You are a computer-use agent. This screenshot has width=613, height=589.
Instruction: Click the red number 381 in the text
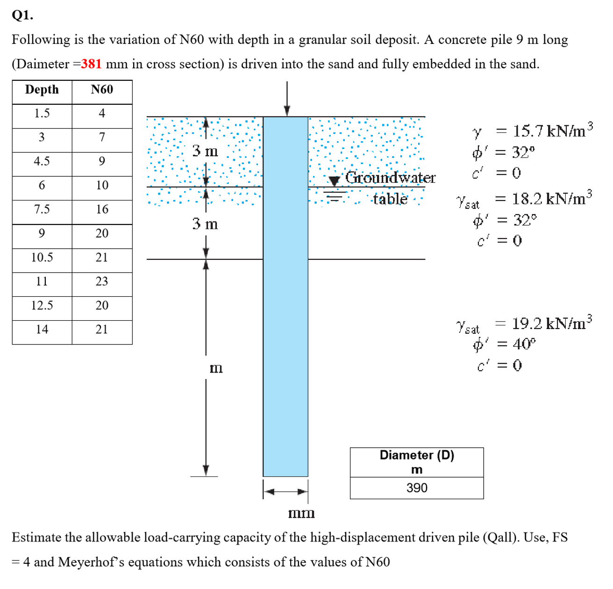(92, 64)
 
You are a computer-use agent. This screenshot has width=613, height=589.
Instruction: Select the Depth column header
(42, 90)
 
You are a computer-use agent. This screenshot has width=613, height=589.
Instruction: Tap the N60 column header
(102, 90)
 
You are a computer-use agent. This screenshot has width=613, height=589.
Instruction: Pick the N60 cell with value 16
(102, 209)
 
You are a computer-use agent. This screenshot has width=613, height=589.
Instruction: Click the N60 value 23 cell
(102, 281)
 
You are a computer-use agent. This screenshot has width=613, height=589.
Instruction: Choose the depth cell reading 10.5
(42, 258)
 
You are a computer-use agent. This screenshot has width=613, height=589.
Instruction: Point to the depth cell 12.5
(42, 306)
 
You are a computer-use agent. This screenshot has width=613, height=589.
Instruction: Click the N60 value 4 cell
(102, 114)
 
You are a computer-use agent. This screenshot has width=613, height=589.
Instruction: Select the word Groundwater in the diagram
(390, 178)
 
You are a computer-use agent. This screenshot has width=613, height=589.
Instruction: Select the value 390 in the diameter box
(417, 488)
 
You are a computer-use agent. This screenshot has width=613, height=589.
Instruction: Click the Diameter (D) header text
(417, 455)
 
